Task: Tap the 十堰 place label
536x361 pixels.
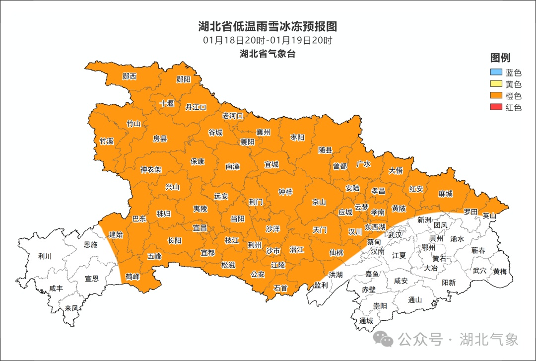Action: point(167,104)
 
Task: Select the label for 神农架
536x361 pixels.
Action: point(151,169)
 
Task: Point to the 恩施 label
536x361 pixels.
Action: point(91,244)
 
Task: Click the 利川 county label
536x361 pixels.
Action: point(45,256)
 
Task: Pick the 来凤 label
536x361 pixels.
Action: point(71,308)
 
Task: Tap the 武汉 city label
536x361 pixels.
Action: point(395,234)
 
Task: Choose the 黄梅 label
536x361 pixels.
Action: point(500,271)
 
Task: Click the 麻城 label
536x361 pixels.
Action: point(446,194)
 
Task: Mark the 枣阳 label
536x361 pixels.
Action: point(297,138)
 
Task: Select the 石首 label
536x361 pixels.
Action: point(280,288)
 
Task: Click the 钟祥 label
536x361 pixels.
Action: point(285,192)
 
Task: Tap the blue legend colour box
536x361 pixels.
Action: point(496,73)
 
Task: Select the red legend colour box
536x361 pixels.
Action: point(496,107)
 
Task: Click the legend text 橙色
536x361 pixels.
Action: point(514,96)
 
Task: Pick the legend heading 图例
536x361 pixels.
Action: point(500,58)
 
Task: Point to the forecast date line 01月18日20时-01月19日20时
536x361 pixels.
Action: point(268,40)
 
